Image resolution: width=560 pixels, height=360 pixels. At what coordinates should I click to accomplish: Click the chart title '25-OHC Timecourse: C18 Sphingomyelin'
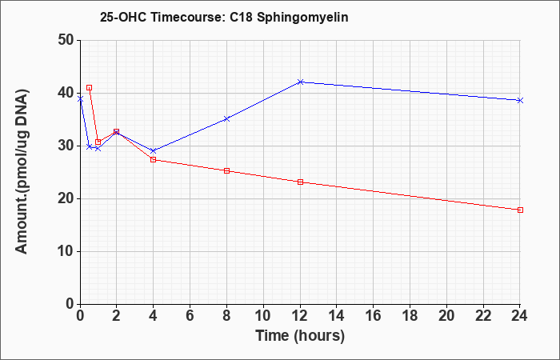point(224,17)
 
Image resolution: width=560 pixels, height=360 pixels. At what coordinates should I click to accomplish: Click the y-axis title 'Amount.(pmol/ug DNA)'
point(22,172)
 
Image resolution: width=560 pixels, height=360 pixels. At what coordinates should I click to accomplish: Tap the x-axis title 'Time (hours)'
point(300,336)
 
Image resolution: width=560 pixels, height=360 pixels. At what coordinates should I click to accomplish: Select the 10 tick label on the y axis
point(66,251)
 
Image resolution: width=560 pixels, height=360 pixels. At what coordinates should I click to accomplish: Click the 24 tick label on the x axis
point(520,316)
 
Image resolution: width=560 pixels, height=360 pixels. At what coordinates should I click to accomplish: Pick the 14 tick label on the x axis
point(337,316)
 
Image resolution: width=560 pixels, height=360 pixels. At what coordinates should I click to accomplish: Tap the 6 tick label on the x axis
point(190,316)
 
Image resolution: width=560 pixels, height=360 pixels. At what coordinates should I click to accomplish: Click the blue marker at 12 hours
point(300,82)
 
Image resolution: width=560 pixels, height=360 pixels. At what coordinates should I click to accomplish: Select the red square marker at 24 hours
point(520,210)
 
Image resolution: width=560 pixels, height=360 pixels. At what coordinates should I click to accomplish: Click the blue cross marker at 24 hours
point(520,100)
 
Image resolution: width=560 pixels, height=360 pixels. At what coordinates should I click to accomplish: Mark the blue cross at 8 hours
point(226,119)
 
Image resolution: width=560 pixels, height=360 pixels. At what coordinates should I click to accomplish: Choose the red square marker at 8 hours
point(226,170)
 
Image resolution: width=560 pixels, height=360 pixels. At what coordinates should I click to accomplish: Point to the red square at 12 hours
point(300,182)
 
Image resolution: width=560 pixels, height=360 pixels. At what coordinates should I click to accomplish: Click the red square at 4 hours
point(154,160)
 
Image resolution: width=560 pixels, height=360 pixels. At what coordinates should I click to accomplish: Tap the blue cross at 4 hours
point(154,150)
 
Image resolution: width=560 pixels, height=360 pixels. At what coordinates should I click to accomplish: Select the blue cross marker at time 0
point(80,99)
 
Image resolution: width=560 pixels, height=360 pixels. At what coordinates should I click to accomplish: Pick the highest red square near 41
point(90,87)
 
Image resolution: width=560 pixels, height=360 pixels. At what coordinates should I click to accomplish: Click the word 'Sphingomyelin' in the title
point(303,18)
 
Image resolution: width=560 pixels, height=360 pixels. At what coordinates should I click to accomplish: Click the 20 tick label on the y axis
point(66,199)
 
